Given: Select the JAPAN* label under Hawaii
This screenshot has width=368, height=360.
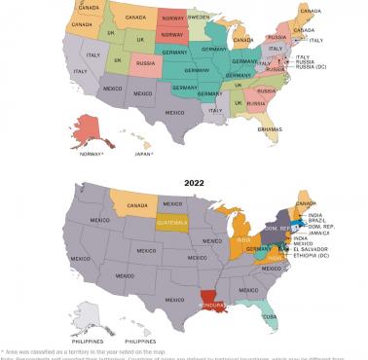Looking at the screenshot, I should pyautogui.click(x=143, y=153).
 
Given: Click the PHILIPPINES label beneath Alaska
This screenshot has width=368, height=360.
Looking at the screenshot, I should pyautogui.click(x=90, y=342).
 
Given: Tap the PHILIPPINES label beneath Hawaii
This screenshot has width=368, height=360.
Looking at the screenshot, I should pyautogui.click(x=141, y=342).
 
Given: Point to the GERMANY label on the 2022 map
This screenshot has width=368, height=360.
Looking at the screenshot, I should pyautogui.click(x=257, y=248).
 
